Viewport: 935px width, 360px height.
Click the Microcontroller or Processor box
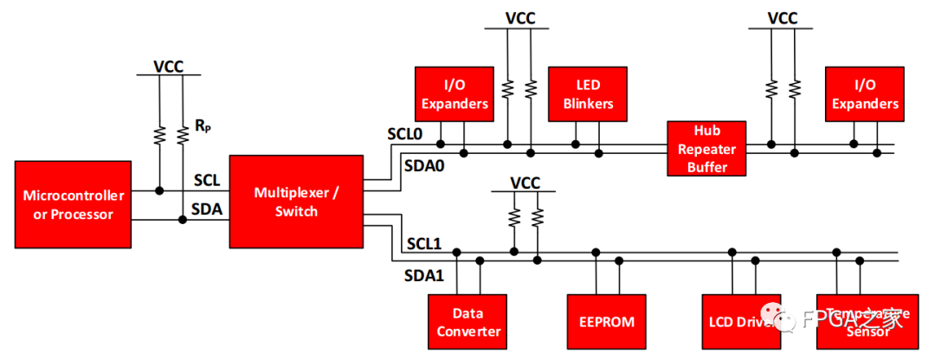73,204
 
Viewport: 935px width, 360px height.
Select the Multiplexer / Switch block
296,201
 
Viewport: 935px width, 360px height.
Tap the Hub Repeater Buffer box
706,149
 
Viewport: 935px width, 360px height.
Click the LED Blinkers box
588,94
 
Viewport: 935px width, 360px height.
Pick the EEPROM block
606,322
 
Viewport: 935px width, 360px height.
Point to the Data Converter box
468,322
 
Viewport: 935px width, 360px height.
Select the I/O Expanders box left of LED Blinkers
454,94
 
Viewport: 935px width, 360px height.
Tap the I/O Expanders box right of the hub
864,94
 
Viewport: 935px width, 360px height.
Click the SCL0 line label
404,135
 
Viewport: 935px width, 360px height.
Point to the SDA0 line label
424,164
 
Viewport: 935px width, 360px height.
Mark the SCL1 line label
424,244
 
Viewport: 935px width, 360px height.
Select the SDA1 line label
424,275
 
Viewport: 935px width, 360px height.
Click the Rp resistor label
203,126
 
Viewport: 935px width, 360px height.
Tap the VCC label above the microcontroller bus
169,66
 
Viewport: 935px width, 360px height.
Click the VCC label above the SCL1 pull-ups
525,183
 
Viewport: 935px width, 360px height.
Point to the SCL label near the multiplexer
206,180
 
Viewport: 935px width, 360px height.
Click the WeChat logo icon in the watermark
790,320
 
